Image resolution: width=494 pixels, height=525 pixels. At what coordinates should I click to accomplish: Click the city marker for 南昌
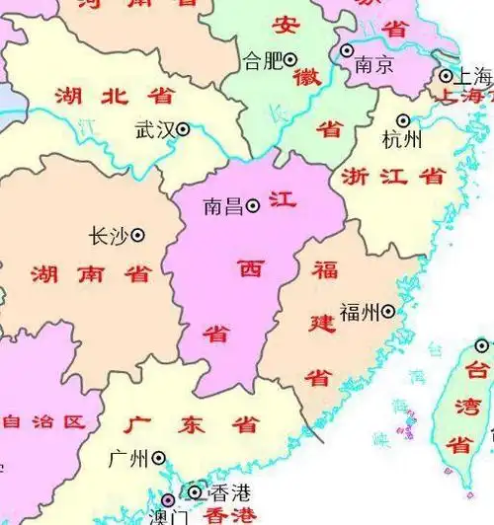pos(253,205)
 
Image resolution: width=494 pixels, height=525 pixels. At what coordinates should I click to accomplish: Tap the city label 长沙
pos(108,236)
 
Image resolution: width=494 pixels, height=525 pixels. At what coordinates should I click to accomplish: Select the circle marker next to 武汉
pos(183,128)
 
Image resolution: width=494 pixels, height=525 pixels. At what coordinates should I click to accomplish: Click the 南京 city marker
pos(347,50)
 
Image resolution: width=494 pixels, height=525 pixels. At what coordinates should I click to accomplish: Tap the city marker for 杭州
pos(403,120)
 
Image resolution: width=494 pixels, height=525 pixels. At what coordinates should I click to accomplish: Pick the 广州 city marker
pos(158,458)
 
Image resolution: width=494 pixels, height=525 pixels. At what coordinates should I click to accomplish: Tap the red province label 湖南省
pos(90,273)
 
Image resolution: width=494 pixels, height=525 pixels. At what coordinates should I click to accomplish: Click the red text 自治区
pos(42,422)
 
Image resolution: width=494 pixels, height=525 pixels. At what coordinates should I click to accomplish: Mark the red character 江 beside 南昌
pos(284,199)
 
